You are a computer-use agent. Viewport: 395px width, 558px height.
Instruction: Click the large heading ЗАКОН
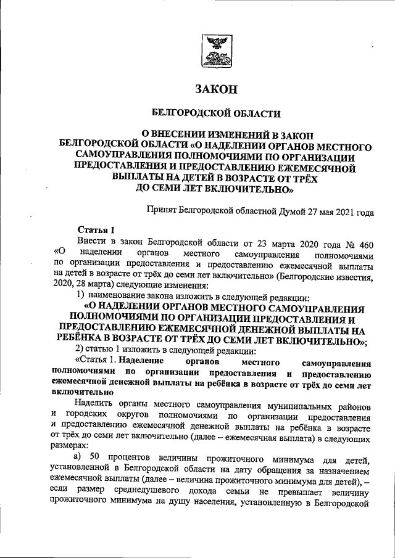coord(215,90)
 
